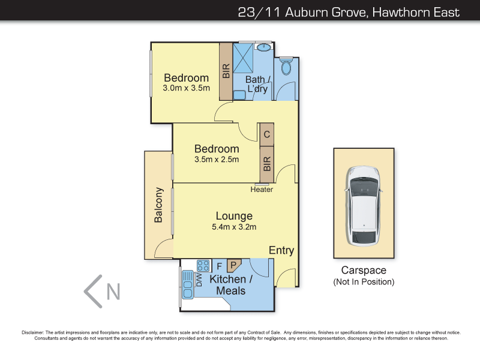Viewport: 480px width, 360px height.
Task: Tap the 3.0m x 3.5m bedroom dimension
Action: [186, 88]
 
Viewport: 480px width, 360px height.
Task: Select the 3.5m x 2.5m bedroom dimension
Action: [217, 160]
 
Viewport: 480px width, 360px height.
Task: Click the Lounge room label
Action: [234, 216]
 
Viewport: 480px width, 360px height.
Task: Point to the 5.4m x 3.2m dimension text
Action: [234, 227]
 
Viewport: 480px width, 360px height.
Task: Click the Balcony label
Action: [158, 205]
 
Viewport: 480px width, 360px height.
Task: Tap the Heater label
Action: [262, 190]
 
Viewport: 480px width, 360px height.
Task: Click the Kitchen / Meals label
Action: [227, 285]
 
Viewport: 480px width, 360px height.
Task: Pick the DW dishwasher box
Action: [199, 280]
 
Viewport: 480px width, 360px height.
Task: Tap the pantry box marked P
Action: [233, 264]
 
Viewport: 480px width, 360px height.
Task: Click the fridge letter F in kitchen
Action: [220, 265]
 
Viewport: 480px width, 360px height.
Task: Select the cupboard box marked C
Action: [266, 134]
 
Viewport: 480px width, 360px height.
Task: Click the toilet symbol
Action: [285, 67]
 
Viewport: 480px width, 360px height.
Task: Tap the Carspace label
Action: [364, 270]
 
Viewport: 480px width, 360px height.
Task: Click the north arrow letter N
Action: [113, 292]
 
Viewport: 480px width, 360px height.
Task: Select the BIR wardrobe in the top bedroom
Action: [226, 72]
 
